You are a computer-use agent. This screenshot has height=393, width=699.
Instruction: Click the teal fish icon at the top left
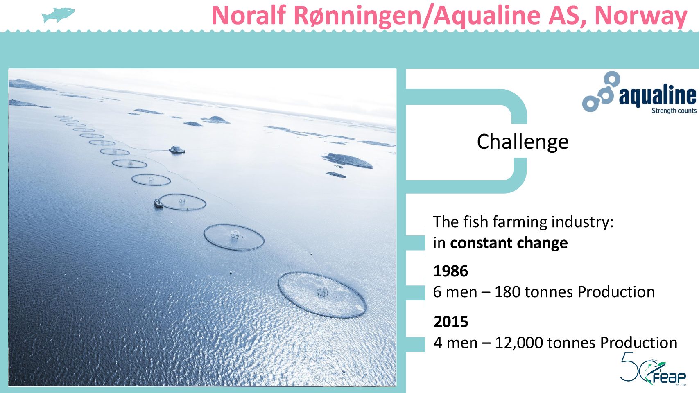coord(59,15)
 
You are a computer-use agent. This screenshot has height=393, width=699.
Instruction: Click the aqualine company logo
coord(639,92)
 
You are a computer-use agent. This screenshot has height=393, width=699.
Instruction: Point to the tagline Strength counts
coord(674,111)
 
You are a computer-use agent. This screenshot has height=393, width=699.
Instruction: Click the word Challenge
coord(523,142)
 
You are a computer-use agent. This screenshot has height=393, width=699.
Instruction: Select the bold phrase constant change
coord(509,243)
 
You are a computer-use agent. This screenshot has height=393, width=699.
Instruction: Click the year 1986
coord(450,271)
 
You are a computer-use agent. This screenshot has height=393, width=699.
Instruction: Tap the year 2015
coord(451,322)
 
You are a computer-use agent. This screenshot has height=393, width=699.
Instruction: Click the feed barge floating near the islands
coord(177,150)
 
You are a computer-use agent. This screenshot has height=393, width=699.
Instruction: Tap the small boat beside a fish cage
coord(158,203)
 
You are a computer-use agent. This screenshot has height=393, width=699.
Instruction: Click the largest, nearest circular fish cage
coord(322,294)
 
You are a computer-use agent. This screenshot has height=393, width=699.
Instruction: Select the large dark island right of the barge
coord(347,160)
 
